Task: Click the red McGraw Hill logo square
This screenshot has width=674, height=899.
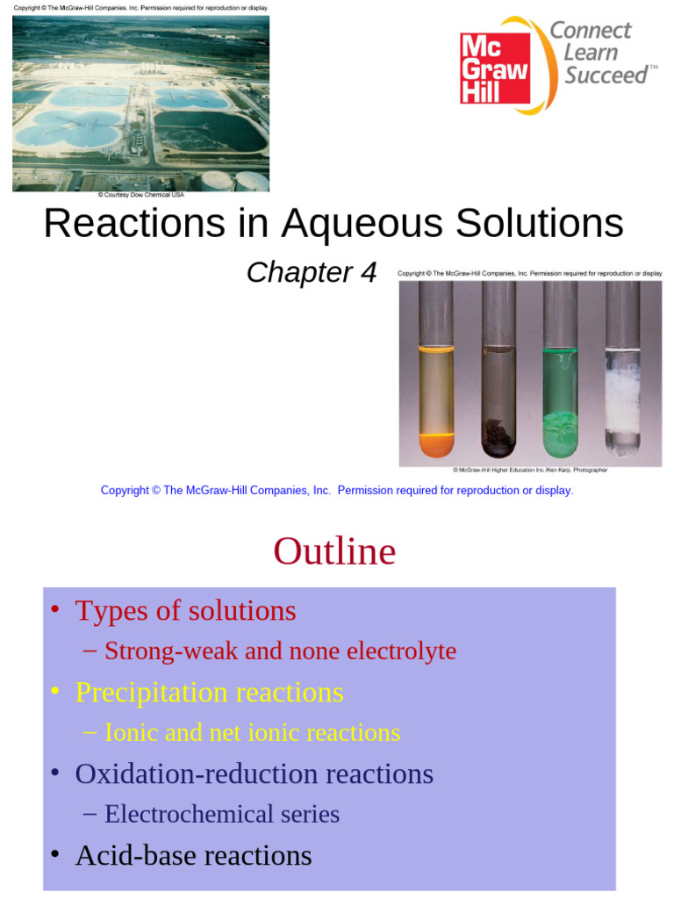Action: click(495, 68)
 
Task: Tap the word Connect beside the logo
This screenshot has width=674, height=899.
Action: click(590, 31)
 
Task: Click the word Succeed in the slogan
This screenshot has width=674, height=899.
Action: click(606, 76)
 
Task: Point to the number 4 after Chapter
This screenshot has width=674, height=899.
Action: click(367, 273)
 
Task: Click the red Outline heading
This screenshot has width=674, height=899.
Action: click(334, 552)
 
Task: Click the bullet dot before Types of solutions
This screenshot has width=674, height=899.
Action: click(54, 610)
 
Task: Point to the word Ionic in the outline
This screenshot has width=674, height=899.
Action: click(130, 732)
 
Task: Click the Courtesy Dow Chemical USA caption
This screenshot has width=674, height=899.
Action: click(140, 195)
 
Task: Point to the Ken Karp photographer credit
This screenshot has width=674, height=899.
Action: click(530, 470)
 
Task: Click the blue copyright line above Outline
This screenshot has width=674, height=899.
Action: click(337, 491)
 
